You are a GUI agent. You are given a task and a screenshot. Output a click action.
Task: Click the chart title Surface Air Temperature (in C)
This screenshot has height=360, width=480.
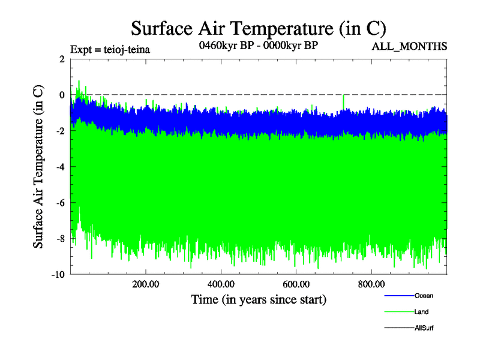pos(258,28)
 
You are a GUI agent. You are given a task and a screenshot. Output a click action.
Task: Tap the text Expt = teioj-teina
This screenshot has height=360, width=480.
pos(110,49)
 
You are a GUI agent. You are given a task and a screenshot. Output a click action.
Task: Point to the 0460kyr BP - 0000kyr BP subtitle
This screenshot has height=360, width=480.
pos(258,46)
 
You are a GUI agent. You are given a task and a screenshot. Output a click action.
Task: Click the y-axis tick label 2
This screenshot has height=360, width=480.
pos(61,59)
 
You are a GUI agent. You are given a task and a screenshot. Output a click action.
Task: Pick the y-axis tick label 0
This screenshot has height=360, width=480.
pos(61,95)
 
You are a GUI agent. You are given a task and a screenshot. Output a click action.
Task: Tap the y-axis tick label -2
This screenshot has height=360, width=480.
pos(59,131)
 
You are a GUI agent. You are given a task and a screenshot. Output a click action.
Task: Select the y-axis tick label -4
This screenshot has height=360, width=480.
pos(59,167)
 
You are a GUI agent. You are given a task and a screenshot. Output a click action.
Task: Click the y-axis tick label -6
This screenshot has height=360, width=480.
pos(59,203)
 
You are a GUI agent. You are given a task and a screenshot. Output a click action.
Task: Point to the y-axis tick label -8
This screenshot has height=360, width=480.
pos(59,239)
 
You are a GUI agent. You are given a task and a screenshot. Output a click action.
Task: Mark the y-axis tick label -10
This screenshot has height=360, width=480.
pos(57,275)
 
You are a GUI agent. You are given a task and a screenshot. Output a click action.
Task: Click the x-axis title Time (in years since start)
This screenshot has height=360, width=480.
pos(259,299)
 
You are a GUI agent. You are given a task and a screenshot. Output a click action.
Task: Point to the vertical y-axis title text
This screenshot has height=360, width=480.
pos(38,167)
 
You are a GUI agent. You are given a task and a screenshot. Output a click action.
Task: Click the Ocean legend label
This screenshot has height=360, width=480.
pos(424,296)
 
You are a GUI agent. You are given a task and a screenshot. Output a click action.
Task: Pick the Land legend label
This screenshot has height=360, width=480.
pos(421,312)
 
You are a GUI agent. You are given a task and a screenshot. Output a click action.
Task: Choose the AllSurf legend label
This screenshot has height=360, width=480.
pos(424,328)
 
